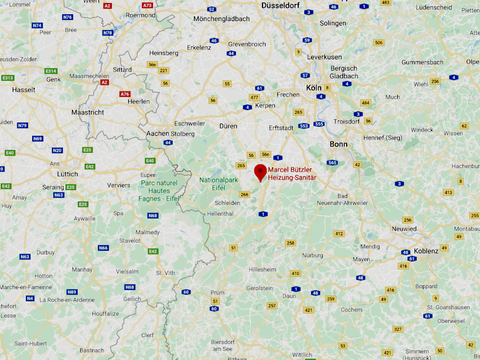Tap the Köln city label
pyautogui.click(x=314, y=88)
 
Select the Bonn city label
pyautogui.click(x=339, y=145)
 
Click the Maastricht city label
pyautogui.click(x=87, y=112)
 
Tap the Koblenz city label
pyautogui.click(x=426, y=251)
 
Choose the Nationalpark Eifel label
pyautogui.click(x=219, y=184)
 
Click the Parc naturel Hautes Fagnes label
pyautogui.click(x=159, y=190)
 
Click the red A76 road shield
pyautogui.click(x=125, y=94)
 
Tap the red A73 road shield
pyautogui.click(x=148, y=5)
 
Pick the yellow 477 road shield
pyautogui.click(x=254, y=97)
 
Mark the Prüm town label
pyautogui.click(x=217, y=293)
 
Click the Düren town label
pyautogui.click(x=228, y=126)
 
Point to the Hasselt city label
pyautogui.click(x=23, y=89)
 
